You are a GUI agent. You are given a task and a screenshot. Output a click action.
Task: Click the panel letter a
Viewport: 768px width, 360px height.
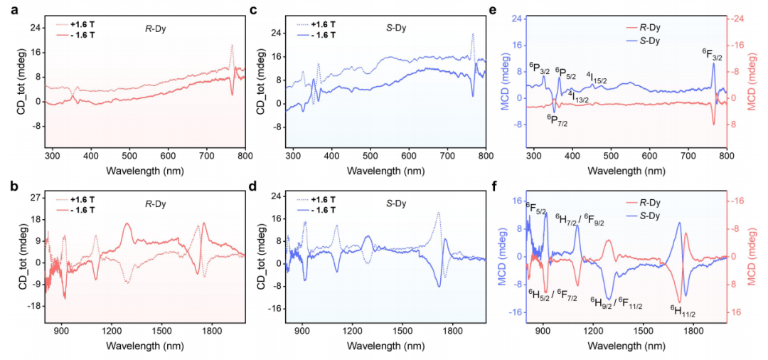tap(6, 9)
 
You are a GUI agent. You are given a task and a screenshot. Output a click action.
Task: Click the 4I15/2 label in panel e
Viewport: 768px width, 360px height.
tap(596, 76)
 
